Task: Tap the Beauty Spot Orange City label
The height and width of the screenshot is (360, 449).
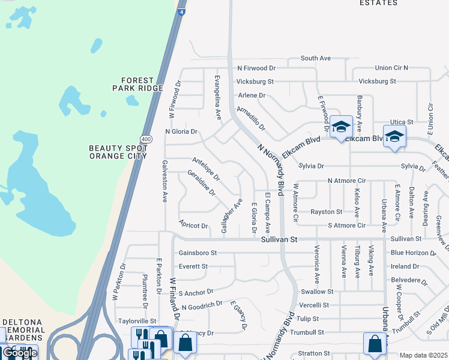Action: click(118, 152)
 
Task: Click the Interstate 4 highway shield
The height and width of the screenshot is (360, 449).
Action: click(181, 11)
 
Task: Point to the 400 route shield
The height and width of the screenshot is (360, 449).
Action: click(148, 139)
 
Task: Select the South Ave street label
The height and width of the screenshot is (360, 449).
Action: click(316, 58)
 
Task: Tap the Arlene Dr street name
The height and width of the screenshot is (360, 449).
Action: click(252, 95)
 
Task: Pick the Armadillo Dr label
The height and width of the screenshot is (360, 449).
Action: click(251, 118)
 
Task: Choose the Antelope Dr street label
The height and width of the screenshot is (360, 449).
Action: click(206, 170)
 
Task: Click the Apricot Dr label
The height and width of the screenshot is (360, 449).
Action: click(193, 226)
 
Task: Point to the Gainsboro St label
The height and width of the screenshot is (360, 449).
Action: click(197, 253)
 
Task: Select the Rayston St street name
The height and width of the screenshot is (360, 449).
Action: click(327, 212)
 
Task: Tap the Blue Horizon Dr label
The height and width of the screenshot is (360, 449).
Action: click(410, 253)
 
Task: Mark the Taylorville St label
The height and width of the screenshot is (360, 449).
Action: click(137, 322)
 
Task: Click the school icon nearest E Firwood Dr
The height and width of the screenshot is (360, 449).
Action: click(341, 127)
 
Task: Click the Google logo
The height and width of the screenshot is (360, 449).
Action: click(20, 353)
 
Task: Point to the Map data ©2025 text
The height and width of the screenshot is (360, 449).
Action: click(423, 355)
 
